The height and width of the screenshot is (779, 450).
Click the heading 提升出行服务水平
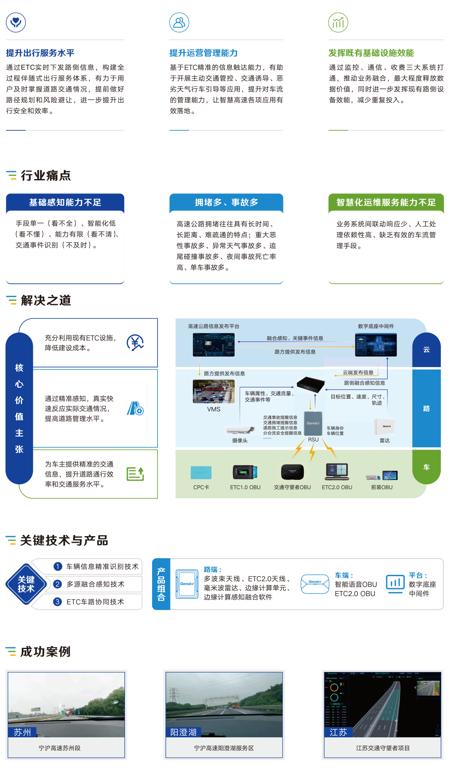click(x=40, y=53)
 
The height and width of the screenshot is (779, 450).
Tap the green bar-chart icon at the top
click(x=338, y=22)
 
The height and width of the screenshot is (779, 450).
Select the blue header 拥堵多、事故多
click(x=226, y=202)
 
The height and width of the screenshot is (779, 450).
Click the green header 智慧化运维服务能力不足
click(x=386, y=202)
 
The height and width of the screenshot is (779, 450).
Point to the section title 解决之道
click(x=46, y=300)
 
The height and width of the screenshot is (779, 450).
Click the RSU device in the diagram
click(x=313, y=423)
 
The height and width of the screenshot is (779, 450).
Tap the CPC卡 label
click(x=201, y=487)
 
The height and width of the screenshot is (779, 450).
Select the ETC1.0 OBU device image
click(x=245, y=472)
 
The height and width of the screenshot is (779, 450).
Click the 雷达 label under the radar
click(x=385, y=441)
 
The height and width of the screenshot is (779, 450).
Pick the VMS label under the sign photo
click(x=213, y=409)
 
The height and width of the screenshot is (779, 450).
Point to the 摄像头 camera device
click(x=240, y=430)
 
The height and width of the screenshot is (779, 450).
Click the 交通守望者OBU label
click(x=292, y=487)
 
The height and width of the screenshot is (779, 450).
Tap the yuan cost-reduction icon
click(x=135, y=342)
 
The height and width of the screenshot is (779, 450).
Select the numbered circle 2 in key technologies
click(x=58, y=584)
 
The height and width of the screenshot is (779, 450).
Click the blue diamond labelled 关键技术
click(x=26, y=584)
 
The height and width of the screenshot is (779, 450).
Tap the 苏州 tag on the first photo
click(x=22, y=732)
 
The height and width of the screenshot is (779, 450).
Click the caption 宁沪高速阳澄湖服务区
click(x=224, y=748)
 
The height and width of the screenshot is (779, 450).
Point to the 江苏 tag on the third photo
click(x=338, y=732)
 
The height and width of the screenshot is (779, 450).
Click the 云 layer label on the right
click(x=426, y=350)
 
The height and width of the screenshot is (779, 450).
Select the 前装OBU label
click(x=382, y=487)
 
